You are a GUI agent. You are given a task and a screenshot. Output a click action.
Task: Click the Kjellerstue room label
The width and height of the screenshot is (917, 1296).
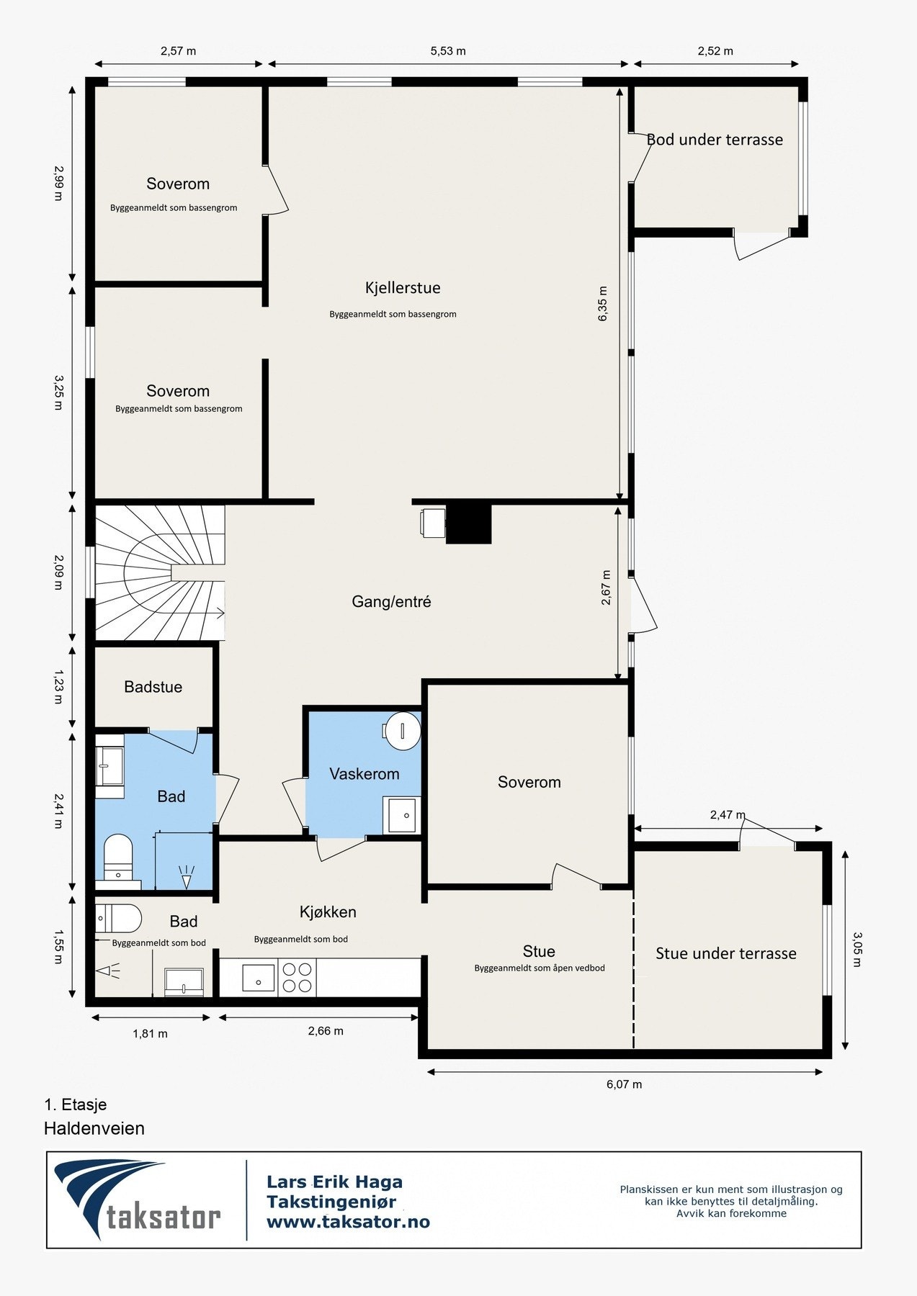pyautogui.click(x=403, y=288)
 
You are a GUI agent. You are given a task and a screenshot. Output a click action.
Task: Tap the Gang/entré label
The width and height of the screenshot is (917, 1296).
pyautogui.click(x=391, y=602)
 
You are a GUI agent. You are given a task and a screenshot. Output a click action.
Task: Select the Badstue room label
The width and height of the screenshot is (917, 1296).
pyautogui.click(x=153, y=687)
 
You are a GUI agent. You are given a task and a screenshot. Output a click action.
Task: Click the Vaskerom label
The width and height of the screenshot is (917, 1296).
pyautogui.click(x=364, y=774)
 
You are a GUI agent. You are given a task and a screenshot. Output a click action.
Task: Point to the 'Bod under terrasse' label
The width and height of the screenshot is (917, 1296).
pyautogui.click(x=715, y=140)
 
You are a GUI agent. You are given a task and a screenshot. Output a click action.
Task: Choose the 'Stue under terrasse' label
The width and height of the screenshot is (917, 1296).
pyautogui.click(x=726, y=953)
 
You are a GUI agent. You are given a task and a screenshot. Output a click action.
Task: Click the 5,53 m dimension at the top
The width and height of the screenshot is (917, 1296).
pyautogui.click(x=448, y=51)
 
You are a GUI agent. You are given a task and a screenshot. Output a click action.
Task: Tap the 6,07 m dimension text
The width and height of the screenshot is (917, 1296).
pyautogui.click(x=624, y=1084)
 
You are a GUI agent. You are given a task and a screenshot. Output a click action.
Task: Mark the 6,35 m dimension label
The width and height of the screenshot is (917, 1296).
pyautogui.click(x=603, y=303)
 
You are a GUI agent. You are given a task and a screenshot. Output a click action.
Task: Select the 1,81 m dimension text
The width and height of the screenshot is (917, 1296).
pyautogui.click(x=150, y=1034)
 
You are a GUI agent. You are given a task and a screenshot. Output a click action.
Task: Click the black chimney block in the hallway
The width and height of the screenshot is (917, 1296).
pyautogui.click(x=468, y=523)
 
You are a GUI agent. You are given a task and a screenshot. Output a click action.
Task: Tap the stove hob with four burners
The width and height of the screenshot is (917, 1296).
pyautogui.click(x=298, y=978)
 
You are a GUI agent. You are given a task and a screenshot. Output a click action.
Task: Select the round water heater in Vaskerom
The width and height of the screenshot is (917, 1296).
pyautogui.click(x=401, y=730)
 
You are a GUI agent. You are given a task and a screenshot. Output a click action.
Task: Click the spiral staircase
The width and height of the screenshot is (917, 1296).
pyautogui.click(x=160, y=572)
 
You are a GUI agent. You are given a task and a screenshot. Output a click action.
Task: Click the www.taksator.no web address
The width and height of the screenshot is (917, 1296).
pyautogui.click(x=348, y=1222)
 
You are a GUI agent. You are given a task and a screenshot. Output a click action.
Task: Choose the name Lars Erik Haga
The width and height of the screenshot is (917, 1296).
pyautogui.click(x=334, y=1182)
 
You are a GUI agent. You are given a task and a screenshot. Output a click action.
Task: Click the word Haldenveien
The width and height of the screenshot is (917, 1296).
pyautogui.click(x=94, y=1128)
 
